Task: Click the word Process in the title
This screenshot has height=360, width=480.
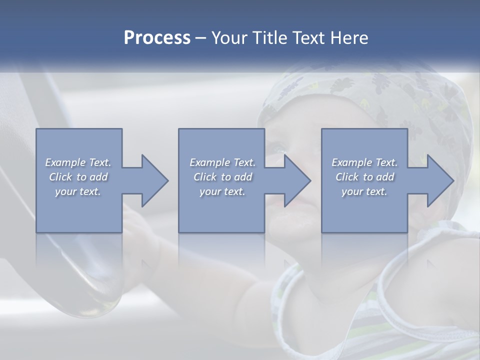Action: [x=157, y=37]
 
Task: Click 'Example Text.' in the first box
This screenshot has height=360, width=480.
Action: [x=78, y=162]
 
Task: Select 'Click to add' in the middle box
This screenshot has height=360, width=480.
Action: [x=222, y=177]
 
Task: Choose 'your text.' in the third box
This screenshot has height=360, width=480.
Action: [x=364, y=191]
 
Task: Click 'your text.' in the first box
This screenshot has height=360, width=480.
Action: [x=78, y=191]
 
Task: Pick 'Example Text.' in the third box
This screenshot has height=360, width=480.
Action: [x=364, y=162]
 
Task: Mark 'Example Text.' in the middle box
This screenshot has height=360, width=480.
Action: [x=222, y=162]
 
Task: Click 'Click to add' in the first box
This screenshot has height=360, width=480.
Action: [x=78, y=177]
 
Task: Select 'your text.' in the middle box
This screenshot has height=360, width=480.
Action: [x=222, y=191]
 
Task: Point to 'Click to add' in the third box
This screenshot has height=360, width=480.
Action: [x=364, y=177]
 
